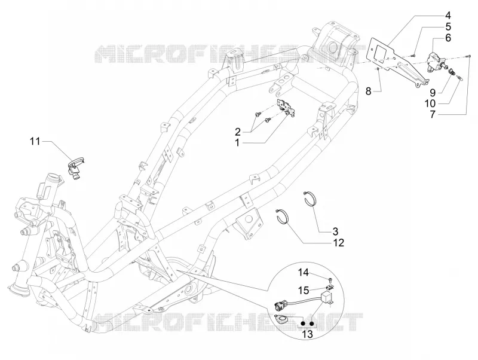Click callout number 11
pyautogui.click(x=35, y=142)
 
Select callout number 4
pyautogui.click(x=448, y=16)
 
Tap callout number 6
pyautogui.click(x=448, y=38)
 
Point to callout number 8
pyautogui.click(x=368, y=91)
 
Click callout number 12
pyautogui.click(x=338, y=243)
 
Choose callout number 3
pyautogui.click(x=335, y=231)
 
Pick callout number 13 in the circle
pyautogui.click(x=307, y=334)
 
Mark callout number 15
pyautogui.click(x=304, y=290)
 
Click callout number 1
pyautogui.click(x=237, y=143)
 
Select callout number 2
pyautogui.click(x=237, y=132)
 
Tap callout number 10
pyautogui.click(x=430, y=103)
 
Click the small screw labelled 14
pyautogui.click(x=330, y=279)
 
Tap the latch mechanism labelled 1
pyautogui.click(x=286, y=108)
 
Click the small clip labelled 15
pyautogui.click(x=329, y=287)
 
